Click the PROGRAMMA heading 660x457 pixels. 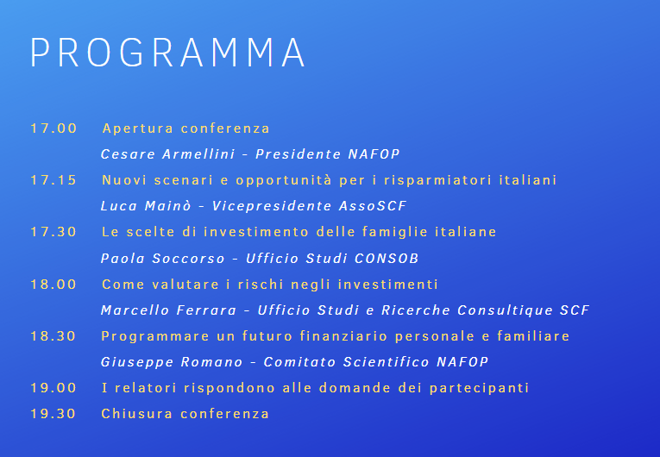pyautogui.click(x=167, y=53)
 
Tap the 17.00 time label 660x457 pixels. pyautogui.click(x=53, y=128)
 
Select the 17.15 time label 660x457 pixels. pyautogui.click(x=53, y=180)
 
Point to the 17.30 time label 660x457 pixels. pyautogui.click(x=53, y=232)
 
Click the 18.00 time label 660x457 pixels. pyautogui.click(x=53, y=285)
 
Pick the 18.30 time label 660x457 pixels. pyautogui.click(x=53, y=336)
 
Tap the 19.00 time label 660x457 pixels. pyautogui.click(x=53, y=388)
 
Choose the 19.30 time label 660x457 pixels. pyautogui.click(x=53, y=414)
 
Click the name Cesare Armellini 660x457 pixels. pyautogui.click(x=167, y=154)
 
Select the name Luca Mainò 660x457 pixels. pyautogui.click(x=146, y=206)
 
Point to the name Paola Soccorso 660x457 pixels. pyautogui.click(x=162, y=259)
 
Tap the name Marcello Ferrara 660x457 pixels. pyautogui.click(x=168, y=310)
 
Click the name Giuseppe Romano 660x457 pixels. pyautogui.click(x=172, y=362)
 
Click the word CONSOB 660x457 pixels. pyautogui.click(x=387, y=259)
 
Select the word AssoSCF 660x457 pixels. pyautogui.click(x=373, y=206)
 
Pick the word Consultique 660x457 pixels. pyautogui.click(x=505, y=310)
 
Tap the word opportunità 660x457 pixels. pyautogui.click(x=284, y=180)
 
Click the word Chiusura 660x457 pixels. pyautogui.click(x=137, y=414)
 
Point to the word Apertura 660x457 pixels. pyautogui.click(x=138, y=128)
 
